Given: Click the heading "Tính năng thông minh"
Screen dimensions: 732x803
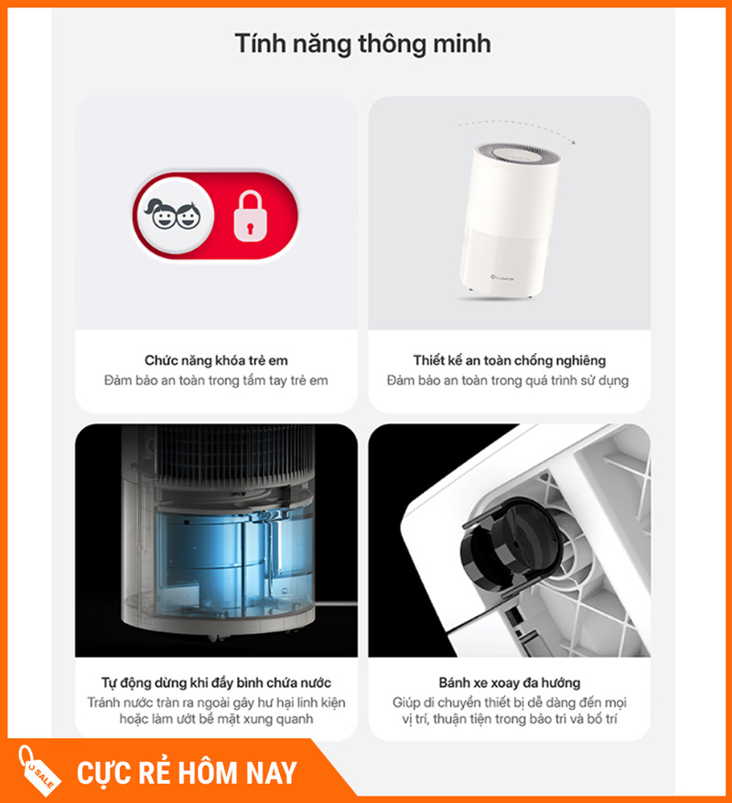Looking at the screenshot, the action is [x=362, y=44].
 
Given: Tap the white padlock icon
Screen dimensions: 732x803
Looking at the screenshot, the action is [x=251, y=216].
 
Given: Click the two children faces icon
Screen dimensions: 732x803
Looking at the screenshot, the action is [x=173, y=215].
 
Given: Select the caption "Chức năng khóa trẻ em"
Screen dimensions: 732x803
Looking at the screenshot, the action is [x=216, y=360].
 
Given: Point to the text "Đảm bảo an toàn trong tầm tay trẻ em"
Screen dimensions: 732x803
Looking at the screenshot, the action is [x=216, y=380].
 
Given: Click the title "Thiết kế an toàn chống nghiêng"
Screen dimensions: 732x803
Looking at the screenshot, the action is [x=509, y=360].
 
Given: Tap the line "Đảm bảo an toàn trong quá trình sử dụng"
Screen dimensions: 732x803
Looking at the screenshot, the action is [x=508, y=380].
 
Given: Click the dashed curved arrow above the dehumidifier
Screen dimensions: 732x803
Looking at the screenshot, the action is [x=516, y=127].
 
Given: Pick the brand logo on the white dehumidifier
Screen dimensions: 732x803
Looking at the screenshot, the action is [x=502, y=278].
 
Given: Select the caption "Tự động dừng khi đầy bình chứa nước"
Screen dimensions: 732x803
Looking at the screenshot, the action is [x=216, y=682].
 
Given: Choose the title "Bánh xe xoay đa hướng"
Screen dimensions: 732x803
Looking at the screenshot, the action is [x=509, y=682].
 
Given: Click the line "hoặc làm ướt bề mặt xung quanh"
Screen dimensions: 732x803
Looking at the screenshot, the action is [x=216, y=719].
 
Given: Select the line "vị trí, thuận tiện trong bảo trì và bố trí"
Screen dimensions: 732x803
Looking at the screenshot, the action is [x=509, y=719].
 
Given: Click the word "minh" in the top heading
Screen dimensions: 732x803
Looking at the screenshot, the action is [x=462, y=44].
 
